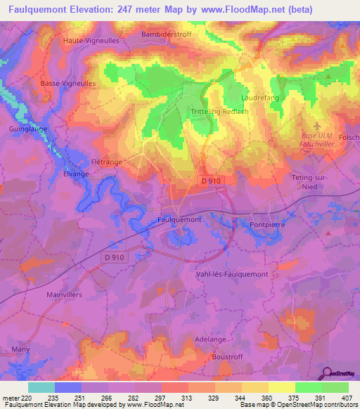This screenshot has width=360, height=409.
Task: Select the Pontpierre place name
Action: click(x=268, y=225)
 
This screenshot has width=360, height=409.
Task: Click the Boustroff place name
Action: click(x=229, y=357)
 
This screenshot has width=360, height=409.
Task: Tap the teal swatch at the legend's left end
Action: click(x=41, y=387)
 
